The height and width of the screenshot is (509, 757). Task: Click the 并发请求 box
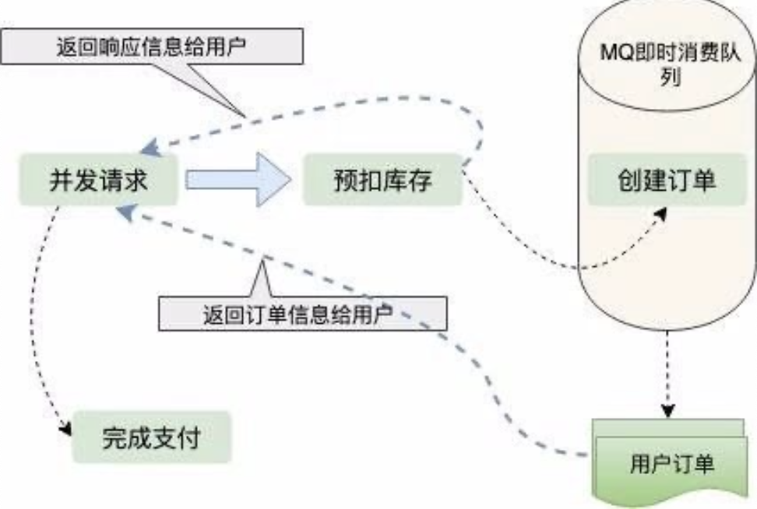point(98,180)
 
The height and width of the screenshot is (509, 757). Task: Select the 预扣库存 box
point(382,180)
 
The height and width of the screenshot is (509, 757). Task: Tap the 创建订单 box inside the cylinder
point(667,180)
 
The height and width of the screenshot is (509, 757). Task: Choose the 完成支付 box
point(152,437)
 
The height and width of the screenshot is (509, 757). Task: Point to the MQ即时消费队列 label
point(670,63)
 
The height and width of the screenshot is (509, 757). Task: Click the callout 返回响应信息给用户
point(152,47)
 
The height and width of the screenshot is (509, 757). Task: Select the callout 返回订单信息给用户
point(303,314)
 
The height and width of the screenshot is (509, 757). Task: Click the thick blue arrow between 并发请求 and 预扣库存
point(238,180)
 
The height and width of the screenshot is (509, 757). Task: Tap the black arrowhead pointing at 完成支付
point(65,428)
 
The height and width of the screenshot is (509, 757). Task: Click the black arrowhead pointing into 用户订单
point(667,411)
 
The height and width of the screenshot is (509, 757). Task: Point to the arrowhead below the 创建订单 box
point(661,214)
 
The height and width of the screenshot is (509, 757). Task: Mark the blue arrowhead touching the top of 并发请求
point(150,149)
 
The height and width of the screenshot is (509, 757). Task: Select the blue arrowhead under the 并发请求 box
point(126,212)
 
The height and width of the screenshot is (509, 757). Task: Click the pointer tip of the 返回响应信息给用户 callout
point(245,117)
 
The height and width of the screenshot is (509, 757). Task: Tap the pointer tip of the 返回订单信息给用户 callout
point(263,262)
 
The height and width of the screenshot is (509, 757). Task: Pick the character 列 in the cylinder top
point(670,77)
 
